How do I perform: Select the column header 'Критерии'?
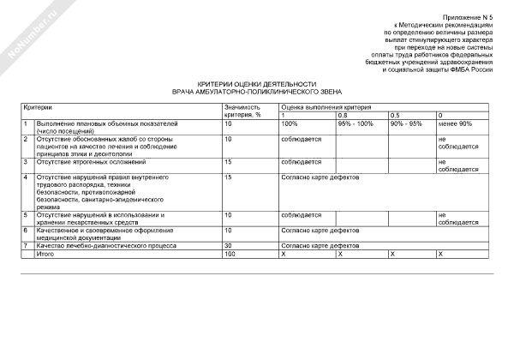[x=38, y=107]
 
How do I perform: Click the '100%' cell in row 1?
[x=290, y=124]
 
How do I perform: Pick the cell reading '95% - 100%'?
[x=356, y=124]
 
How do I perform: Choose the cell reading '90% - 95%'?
[x=406, y=124]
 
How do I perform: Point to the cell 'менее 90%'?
[x=454, y=124]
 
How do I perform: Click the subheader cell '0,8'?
[x=343, y=115]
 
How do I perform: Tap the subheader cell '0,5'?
[x=395, y=115]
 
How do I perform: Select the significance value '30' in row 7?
[x=228, y=246]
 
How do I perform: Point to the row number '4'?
[x=26, y=177]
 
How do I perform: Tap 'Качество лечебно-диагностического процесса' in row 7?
[x=94, y=246]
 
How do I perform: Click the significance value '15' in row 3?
[x=228, y=161]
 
